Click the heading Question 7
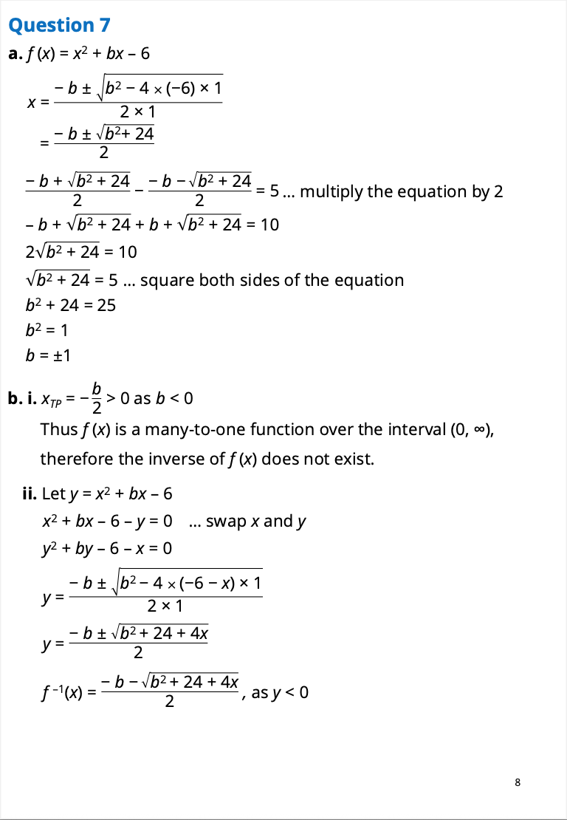[59, 25]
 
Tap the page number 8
[518, 782]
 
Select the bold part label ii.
[30, 492]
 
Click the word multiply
[331, 191]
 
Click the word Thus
[57, 429]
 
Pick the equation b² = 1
[47, 330]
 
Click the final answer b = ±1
[47, 355]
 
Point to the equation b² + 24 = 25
[71, 304]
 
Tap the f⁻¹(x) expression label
[62, 694]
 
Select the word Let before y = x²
[54, 492]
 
